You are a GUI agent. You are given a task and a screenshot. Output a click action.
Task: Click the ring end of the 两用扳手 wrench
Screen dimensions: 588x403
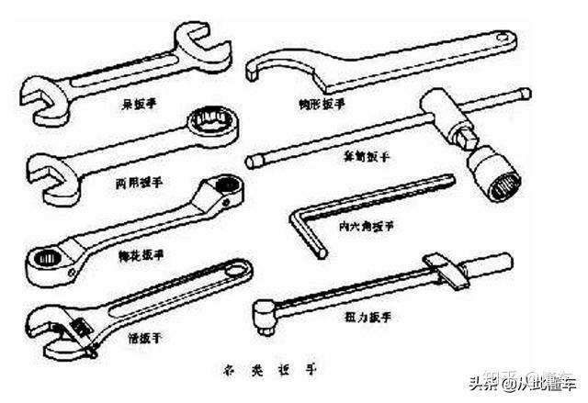(x=211, y=122)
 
